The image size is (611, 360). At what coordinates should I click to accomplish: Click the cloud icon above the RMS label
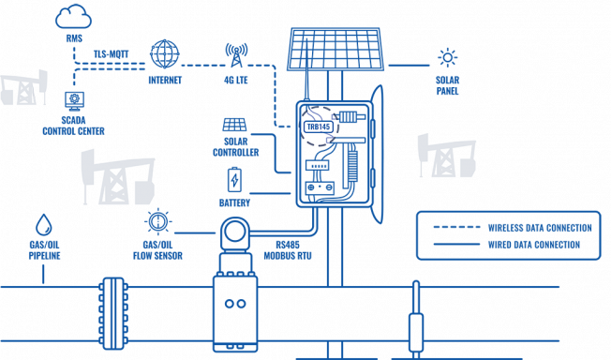click(x=74, y=16)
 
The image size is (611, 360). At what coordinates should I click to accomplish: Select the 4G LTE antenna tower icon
click(x=234, y=53)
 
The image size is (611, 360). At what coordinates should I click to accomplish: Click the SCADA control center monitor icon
click(x=71, y=98)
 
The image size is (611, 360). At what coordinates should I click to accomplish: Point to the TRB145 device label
click(x=319, y=126)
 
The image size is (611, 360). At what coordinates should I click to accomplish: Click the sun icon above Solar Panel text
click(x=447, y=55)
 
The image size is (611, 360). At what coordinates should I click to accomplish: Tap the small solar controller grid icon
click(x=234, y=124)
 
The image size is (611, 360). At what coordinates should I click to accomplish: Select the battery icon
click(x=234, y=178)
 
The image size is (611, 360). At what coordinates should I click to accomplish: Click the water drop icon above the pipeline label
click(x=43, y=225)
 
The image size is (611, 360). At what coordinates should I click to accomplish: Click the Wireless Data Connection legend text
click(x=539, y=227)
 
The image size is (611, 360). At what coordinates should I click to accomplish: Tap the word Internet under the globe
click(x=164, y=80)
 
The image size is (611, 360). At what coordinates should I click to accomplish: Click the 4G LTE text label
click(x=235, y=80)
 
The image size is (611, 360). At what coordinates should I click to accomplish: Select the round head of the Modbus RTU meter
click(x=236, y=232)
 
